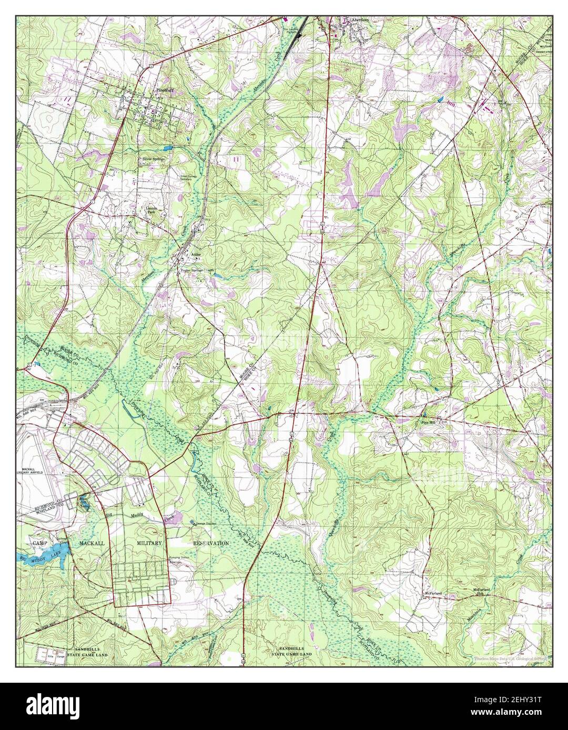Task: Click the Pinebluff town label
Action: (x=165, y=90)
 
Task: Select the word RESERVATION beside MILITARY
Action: (x=211, y=543)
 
